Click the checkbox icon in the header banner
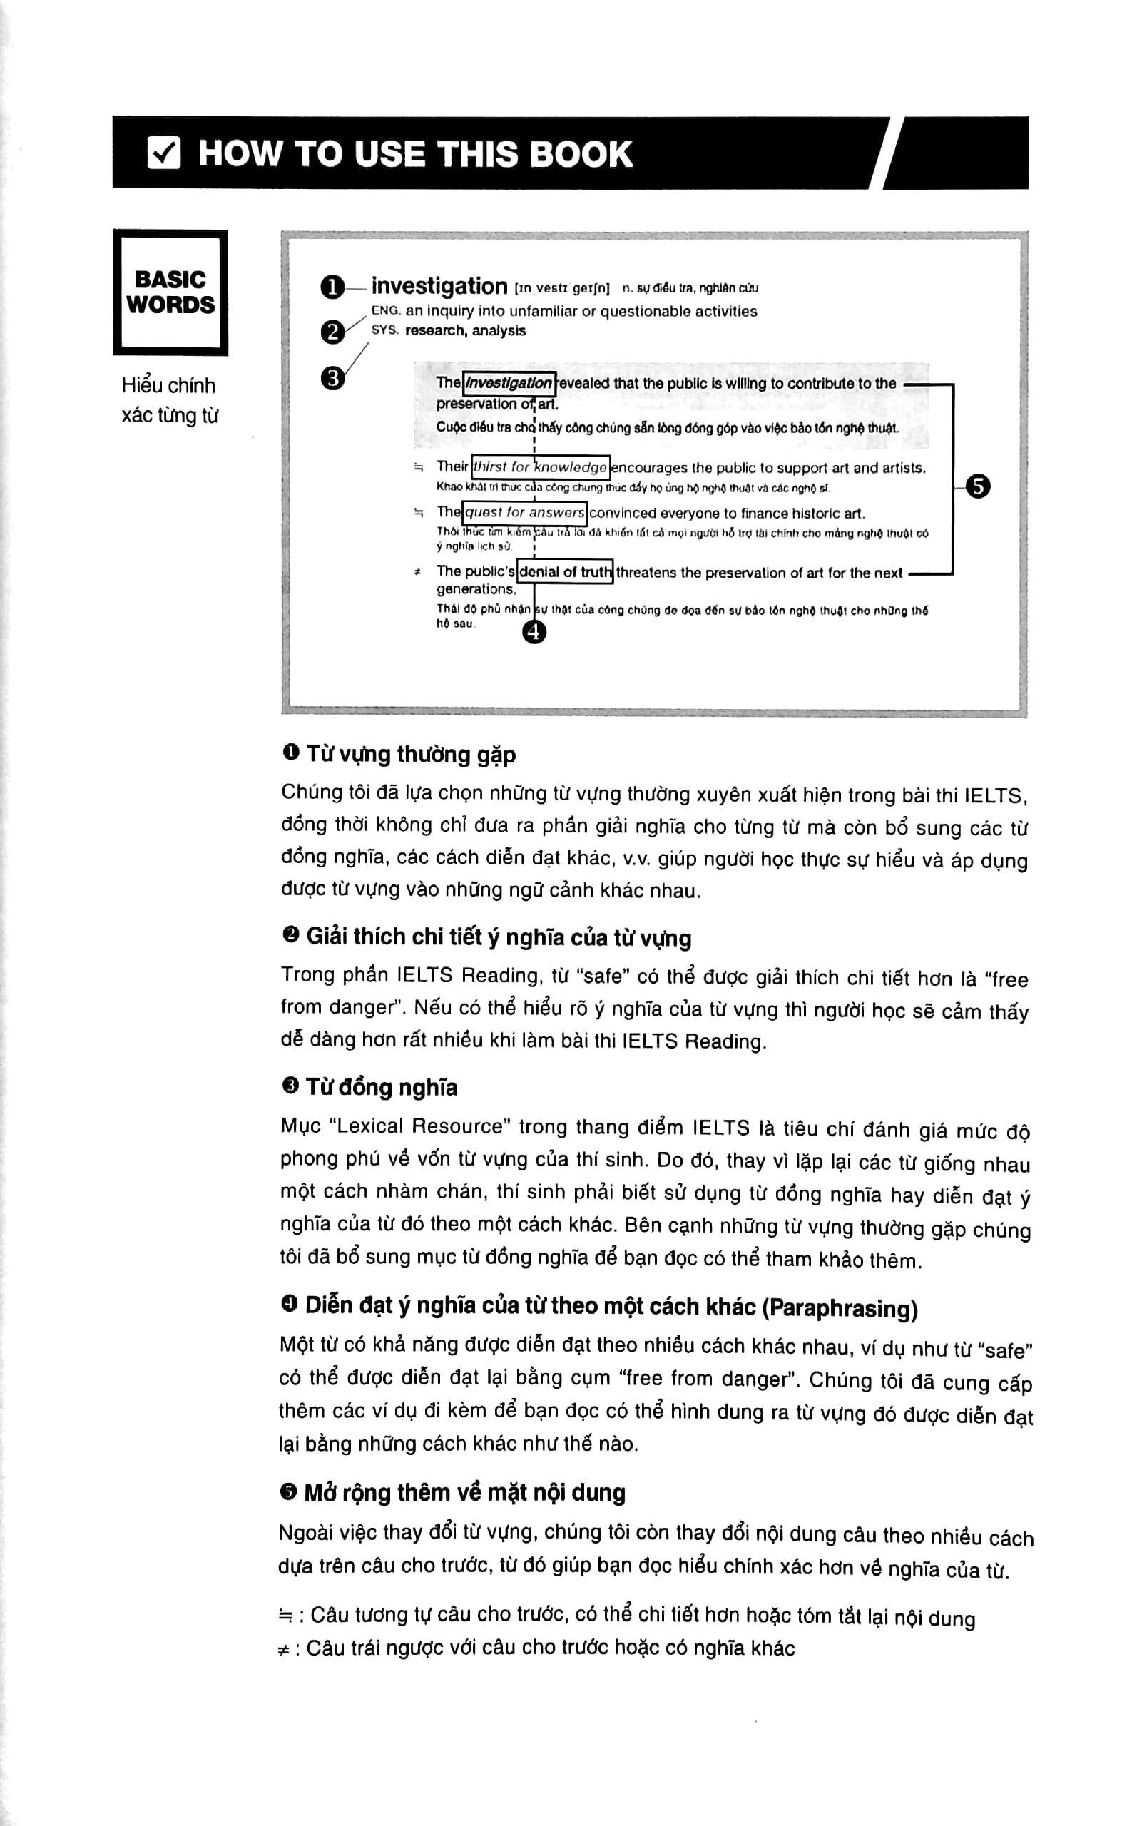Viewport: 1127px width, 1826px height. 164,153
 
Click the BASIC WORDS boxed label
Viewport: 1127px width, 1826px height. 170,292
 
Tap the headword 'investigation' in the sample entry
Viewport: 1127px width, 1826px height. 439,286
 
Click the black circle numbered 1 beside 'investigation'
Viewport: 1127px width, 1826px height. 332,287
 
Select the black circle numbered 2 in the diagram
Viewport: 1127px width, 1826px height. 332,332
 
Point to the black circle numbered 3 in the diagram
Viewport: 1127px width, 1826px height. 332,379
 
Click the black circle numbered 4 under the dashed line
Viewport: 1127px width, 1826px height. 534,632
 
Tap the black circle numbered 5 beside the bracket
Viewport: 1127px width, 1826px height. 978,486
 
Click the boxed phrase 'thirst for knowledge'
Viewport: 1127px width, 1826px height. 541,467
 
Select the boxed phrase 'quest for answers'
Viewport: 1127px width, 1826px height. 524,513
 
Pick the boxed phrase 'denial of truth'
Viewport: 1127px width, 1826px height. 565,571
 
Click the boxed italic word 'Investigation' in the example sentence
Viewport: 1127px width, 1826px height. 509,383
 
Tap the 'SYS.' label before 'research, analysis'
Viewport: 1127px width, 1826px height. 384,330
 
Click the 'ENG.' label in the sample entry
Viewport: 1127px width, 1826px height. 385,311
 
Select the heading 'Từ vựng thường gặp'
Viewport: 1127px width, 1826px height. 411,754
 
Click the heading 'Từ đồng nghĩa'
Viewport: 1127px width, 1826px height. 381,1088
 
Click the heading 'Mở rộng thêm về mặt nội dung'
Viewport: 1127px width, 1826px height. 464,1493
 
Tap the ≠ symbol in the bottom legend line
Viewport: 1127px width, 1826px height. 283,1648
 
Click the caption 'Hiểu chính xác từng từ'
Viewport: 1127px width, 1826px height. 169,400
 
